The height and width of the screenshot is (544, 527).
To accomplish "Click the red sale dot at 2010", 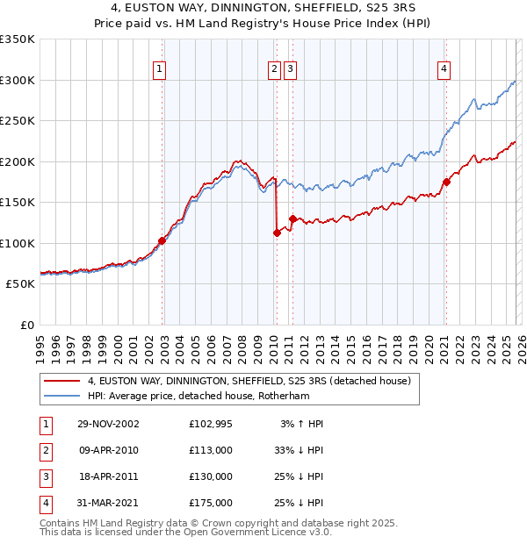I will (277, 233).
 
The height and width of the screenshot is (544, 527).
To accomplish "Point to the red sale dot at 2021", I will (446, 182).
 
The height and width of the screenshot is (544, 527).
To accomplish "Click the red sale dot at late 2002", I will (162, 240).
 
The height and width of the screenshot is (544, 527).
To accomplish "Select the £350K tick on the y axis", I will (18, 39).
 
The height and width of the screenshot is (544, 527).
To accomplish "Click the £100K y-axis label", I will (18, 243).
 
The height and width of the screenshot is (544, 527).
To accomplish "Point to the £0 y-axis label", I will (26, 325).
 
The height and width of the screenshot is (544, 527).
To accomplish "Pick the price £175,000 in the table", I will (211, 503).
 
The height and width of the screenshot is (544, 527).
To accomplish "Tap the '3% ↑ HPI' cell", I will (302, 424).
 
